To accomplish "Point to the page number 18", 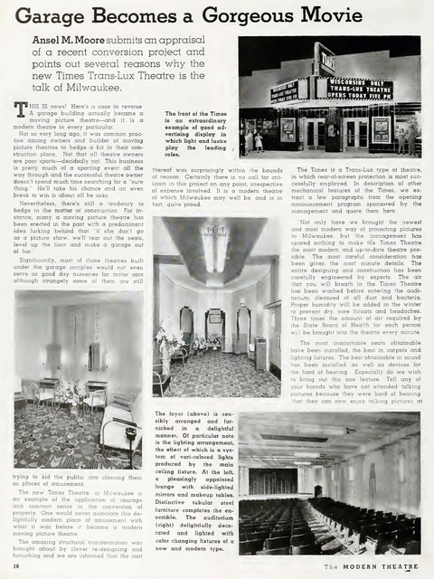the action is click(19, 566).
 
